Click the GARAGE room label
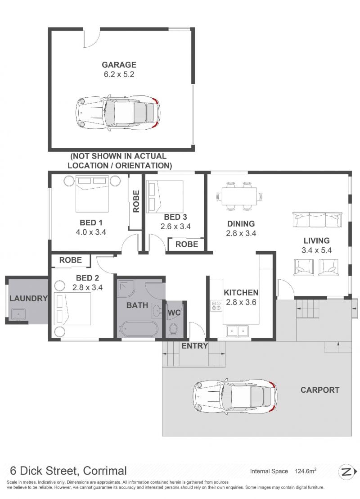pyautogui.click(x=119, y=64)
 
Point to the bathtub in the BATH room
pyautogui.click(x=138, y=329)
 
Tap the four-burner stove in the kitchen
pyautogui.click(x=216, y=306)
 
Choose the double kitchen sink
pyautogui.click(x=237, y=331)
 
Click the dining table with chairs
pyautogui.click(x=239, y=196)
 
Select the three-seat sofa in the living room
pyautogui.click(x=317, y=220)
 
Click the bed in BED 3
pyautogui.click(x=165, y=196)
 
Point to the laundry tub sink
pyautogui.click(x=18, y=314)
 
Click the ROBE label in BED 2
pyautogui.click(x=70, y=260)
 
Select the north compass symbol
pyautogui.click(x=347, y=472)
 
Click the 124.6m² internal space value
pyautogui.click(x=306, y=471)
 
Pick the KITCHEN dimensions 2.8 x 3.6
pyautogui.click(x=241, y=302)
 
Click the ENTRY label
pyautogui.click(x=195, y=345)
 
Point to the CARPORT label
pyautogui.click(x=320, y=390)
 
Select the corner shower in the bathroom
pyautogui.click(x=126, y=288)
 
